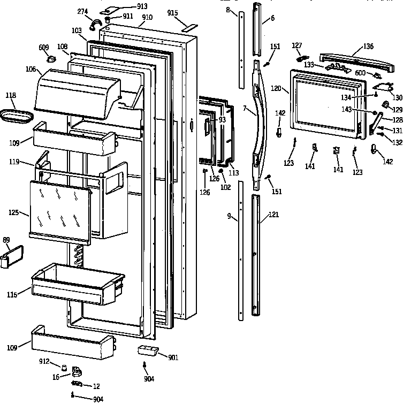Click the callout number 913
point(127,6)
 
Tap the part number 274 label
point(83,11)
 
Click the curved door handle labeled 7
point(259,123)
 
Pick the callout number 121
point(273,215)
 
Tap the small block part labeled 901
point(148,350)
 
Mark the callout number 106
point(30,70)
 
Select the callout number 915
point(172,12)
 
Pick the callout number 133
point(309,64)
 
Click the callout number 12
point(96,386)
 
